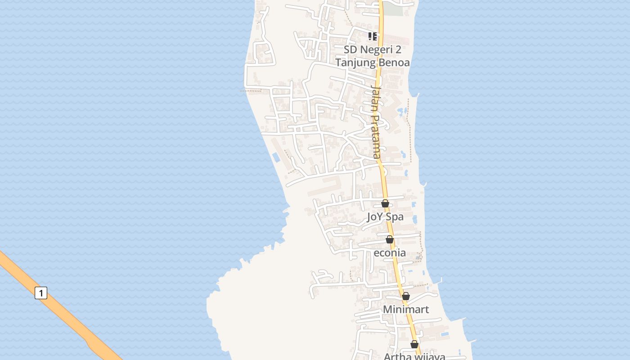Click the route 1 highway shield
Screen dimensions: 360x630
click(41, 293)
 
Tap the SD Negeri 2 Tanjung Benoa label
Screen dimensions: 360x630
click(373, 56)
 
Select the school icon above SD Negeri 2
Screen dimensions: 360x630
click(373, 36)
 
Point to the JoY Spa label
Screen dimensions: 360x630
click(385, 217)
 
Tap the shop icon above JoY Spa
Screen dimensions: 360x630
click(385, 203)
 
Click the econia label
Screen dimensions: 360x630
click(390, 253)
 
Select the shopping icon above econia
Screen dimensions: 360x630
click(390, 239)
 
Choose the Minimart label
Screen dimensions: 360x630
click(406, 310)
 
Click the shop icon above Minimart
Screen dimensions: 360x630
click(406, 296)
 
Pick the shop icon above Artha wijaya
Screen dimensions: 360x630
click(414, 345)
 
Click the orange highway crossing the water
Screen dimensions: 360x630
click(67, 315)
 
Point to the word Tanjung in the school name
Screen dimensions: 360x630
click(356, 63)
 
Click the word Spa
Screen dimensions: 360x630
click(395, 217)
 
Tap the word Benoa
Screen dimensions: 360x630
click(394, 63)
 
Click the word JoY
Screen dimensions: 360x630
click(375, 217)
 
